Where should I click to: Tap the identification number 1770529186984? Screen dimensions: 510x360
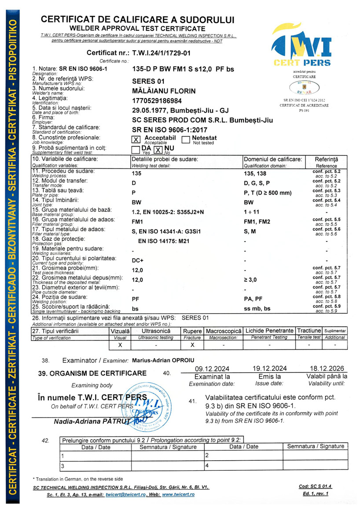[158, 101]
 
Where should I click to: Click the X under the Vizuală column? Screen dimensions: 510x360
[120, 345]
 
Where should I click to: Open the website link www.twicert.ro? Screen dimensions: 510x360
[178, 495]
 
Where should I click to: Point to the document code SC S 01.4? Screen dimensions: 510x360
[315, 486]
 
